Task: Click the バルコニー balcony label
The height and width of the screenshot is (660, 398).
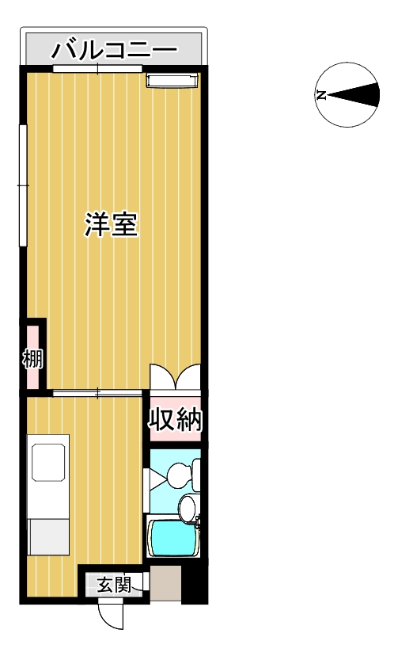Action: point(114,52)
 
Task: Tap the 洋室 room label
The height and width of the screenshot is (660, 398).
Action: point(112,226)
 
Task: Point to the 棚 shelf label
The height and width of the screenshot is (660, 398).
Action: point(32,359)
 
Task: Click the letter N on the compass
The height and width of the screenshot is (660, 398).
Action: point(321,95)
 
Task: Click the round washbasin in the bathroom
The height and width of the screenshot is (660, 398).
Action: point(188,507)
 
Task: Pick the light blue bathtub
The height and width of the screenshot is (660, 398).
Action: point(172,538)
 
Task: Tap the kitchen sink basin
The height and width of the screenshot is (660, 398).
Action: point(48,461)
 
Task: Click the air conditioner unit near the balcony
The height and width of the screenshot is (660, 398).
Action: point(171,79)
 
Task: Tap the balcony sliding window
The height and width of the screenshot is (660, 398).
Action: point(97,70)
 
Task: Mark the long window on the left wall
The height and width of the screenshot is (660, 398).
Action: point(23,185)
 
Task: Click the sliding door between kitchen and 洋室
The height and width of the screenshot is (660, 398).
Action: point(98,392)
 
